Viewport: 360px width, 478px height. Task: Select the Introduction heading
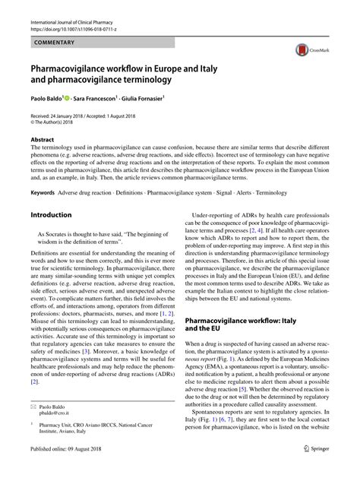point(51,215)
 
